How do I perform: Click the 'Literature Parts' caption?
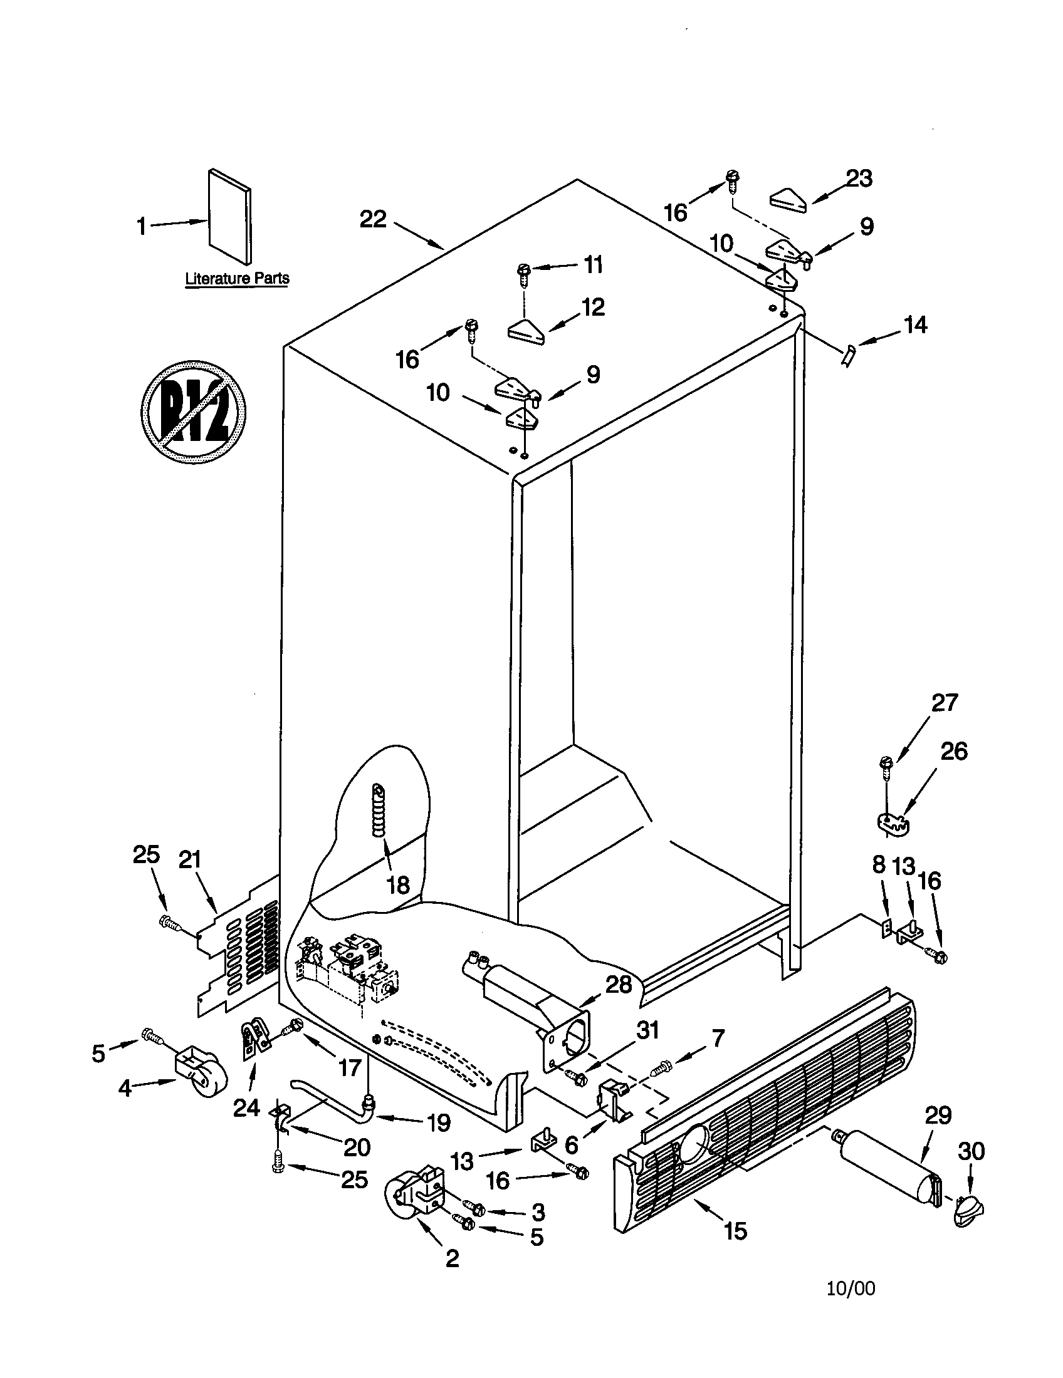click(x=237, y=278)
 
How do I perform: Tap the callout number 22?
click(x=373, y=219)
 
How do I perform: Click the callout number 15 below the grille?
click(x=735, y=1230)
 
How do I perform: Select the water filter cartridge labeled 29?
click(x=884, y=1171)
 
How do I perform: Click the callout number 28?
click(x=618, y=984)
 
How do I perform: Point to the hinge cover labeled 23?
click(x=789, y=198)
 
